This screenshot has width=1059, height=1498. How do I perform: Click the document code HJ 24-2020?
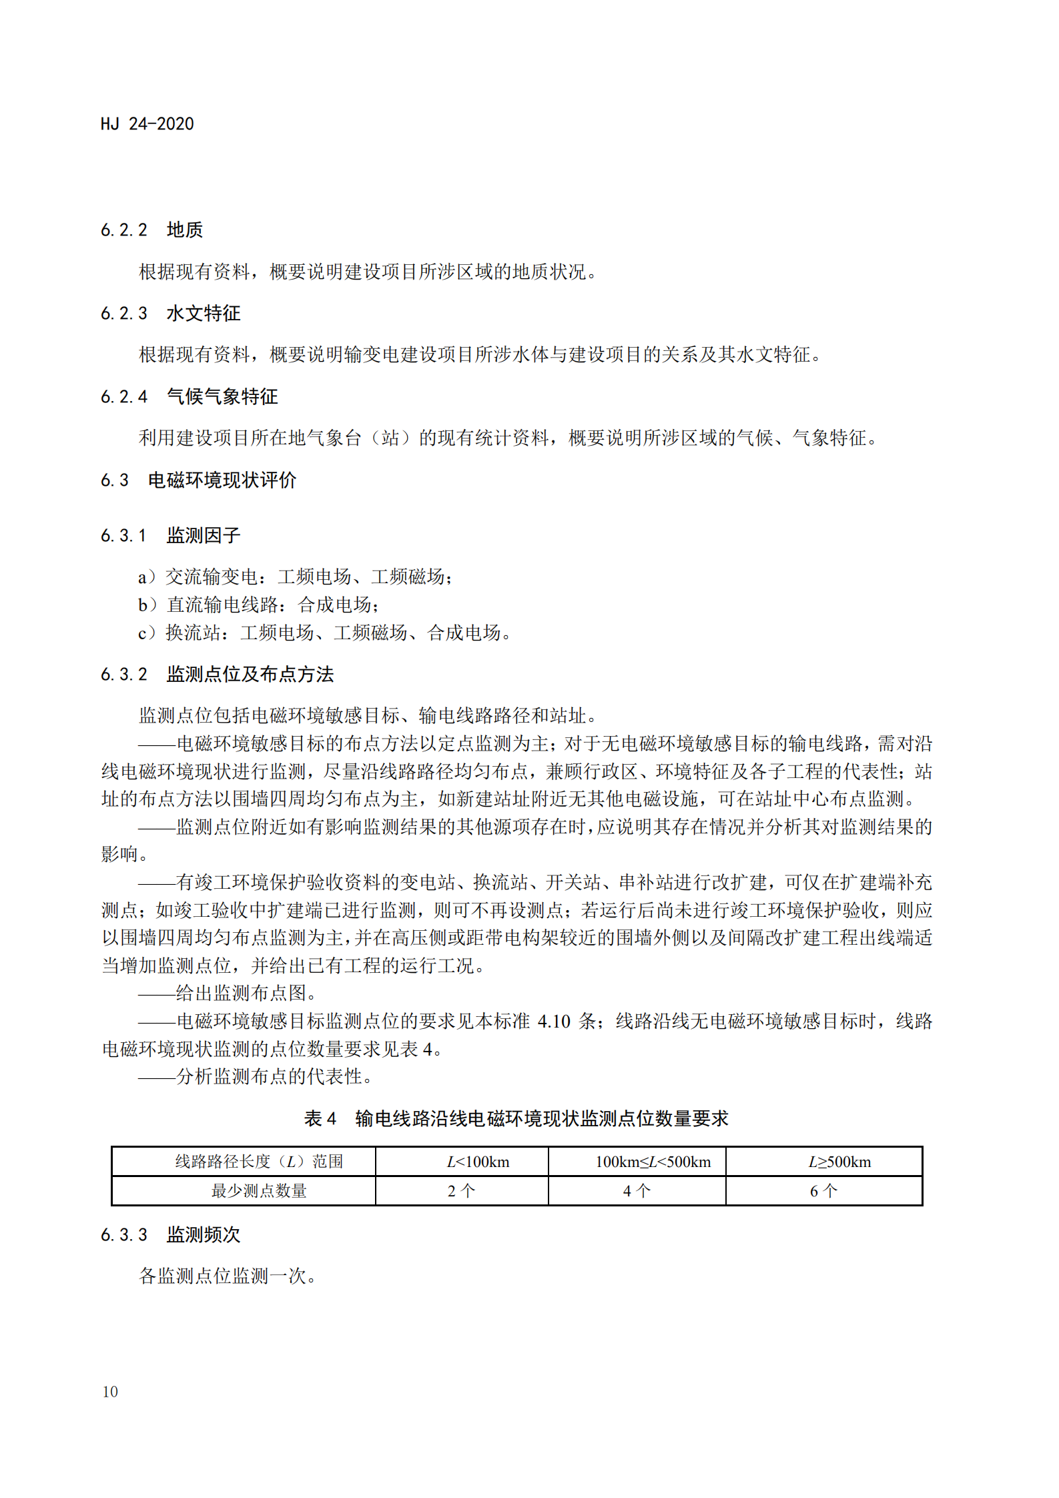[147, 124]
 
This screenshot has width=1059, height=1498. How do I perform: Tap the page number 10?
[110, 1391]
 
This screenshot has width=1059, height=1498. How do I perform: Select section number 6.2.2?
[124, 230]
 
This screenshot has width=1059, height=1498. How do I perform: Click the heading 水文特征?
[203, 314]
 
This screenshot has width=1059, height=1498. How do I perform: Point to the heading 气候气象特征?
[222, 397]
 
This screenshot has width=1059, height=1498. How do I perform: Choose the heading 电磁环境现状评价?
[222, 480]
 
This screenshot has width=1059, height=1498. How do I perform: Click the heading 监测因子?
[203, 535]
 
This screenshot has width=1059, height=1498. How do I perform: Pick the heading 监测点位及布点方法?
[250, 675]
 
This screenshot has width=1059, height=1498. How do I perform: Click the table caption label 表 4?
[320, 1119]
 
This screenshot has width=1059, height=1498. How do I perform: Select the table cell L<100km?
[478, 1162]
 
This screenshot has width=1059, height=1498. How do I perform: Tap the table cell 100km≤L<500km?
[653, 1162]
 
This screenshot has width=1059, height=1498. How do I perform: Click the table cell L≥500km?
[839, 1162]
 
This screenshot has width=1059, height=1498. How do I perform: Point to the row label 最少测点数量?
[259, 1191]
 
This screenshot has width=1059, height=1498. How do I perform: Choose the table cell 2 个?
[461, 1191]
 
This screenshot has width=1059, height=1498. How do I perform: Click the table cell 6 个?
[823, 1191]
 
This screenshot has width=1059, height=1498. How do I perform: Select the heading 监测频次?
[203, 1235]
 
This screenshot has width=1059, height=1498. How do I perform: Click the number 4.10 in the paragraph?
[554, 1022]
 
